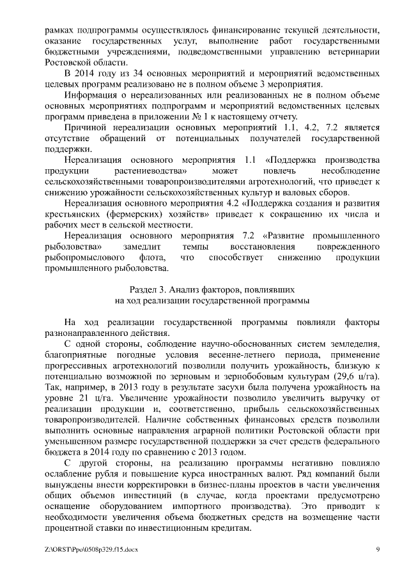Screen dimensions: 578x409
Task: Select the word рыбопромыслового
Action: pos(86,258)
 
